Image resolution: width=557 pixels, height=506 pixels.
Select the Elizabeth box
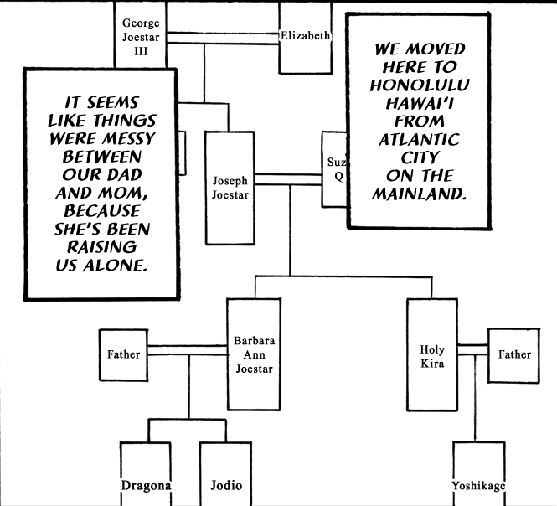pos(306,36)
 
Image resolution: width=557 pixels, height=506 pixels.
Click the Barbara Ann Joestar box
pos(253,354)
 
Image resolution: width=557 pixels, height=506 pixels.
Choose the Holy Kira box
pos(431,354)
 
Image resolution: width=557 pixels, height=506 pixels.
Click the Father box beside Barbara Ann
pos(123,354)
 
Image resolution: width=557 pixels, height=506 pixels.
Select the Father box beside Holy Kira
pos(514,354)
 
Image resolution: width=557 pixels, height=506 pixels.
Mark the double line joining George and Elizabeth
pos(222,36)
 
